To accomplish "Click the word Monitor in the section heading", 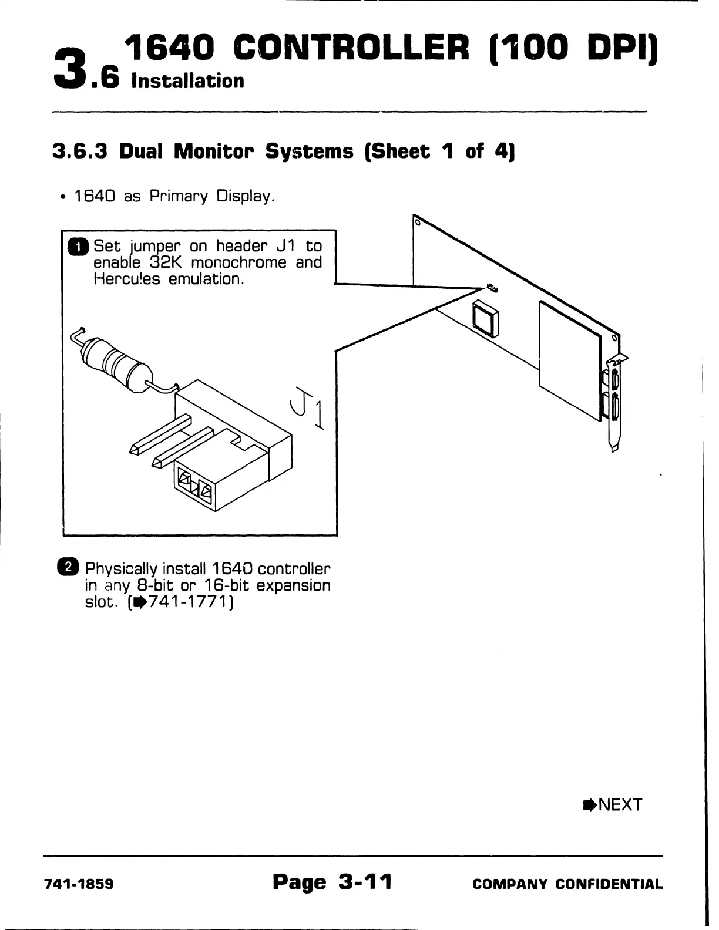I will (216, 151).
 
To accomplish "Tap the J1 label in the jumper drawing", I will (307, 409).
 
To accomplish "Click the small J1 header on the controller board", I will (491, 288).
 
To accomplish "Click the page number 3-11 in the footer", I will (365, 881).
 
